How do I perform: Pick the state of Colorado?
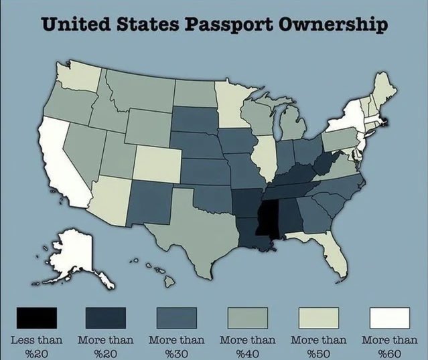click(x=158, y=161)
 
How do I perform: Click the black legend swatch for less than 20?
click(x=37, y=317)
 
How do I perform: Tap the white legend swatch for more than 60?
click(x=390, y=317)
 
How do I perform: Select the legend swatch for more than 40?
click(x=248, y=317)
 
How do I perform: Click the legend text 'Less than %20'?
click(x=37, y=345)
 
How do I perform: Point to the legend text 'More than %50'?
click(x=319, y=345)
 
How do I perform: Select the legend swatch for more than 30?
click(x=177, y=317)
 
